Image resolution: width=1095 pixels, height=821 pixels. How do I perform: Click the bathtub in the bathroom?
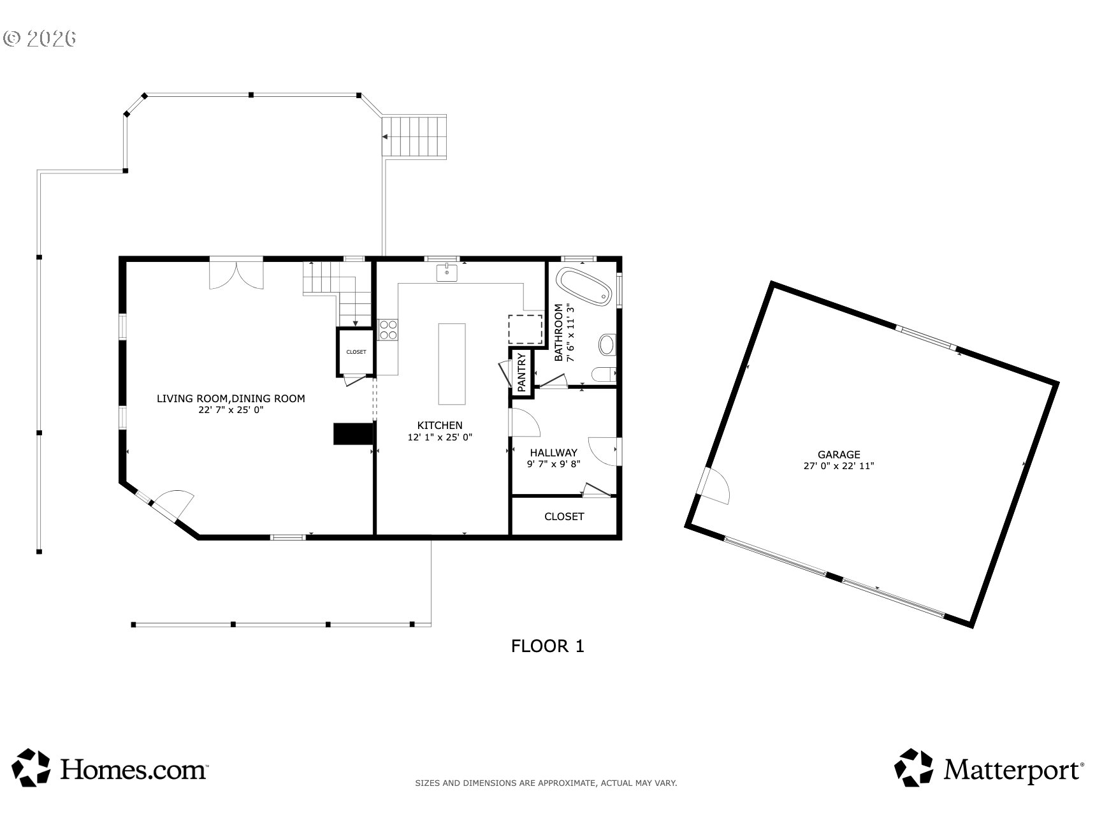tap(584, 287)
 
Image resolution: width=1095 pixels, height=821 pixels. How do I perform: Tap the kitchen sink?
tap(447, 273)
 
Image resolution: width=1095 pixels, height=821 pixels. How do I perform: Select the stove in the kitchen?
tap(388, 329)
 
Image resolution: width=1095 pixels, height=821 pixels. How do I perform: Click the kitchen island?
tap(451, 363)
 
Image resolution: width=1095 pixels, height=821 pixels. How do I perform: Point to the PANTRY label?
tap(521, 372)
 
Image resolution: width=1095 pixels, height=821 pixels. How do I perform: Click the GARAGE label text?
tap(839, 454)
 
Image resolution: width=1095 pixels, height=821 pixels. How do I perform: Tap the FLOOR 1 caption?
tap(547, 646)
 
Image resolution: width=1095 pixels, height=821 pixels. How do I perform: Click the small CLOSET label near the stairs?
tap(356, 352)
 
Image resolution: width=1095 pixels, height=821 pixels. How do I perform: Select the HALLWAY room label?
tap(553, 453)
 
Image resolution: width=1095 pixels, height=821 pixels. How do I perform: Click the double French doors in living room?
tap(236, 274)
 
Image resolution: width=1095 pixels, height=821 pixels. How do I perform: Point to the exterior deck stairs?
tap(414, 136)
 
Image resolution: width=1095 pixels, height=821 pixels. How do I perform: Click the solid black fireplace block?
tap(353, 433)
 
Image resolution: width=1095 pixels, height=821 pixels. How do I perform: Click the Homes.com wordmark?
tap(134, 769)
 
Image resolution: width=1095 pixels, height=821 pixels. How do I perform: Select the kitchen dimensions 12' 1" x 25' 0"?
tap(440, 437)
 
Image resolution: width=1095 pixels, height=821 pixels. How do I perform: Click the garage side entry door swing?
tap(715, 486)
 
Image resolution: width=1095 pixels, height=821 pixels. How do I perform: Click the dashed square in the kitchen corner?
tap(525, 329)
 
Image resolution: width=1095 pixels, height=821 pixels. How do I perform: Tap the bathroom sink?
tap(606, 345)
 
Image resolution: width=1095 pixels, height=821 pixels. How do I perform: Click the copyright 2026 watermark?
tap(40, 38)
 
